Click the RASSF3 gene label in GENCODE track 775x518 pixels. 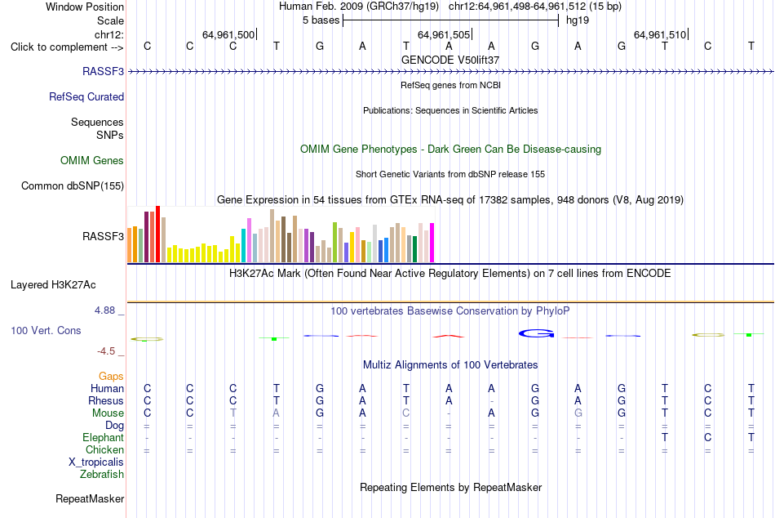pyautogui.click(x=103, y=71)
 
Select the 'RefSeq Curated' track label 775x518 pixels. pyautogui.click(x=86, y=96)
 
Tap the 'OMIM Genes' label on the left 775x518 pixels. pyautogui.click(x=92, y=160)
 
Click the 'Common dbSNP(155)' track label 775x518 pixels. pyautogui.click(x=73, y=185)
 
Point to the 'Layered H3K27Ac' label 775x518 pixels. pyautogui.click(x=53, y=285)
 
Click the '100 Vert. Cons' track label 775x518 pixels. pyautogui.click(x=46, y=330)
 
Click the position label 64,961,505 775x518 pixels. pyautogui.click(x=443, y=34)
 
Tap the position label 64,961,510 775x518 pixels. pyautogui.click(x=660, y=34)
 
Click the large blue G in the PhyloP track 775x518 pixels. pyautogui.click(x=536, y=334)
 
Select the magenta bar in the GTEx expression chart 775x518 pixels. pyautogui.click(x=432, y=243)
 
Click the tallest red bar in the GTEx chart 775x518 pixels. pyautogui.click(x=158, y=234)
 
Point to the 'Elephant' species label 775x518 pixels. pyautogui.click(x=104, y=437)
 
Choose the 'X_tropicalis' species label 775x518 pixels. pyautogui.click(x=96, y=462)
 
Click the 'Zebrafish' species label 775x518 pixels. pyautogui.click(x=102, y=474)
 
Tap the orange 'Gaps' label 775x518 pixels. pyautogui.click(x=111, y=377)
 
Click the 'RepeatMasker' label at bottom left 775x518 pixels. pyautogui.click(x=90, y=498)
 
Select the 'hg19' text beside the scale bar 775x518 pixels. pyautogui.click(x=578, y=20)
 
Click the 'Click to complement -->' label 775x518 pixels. pyautogui.click(x=67, y=47)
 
